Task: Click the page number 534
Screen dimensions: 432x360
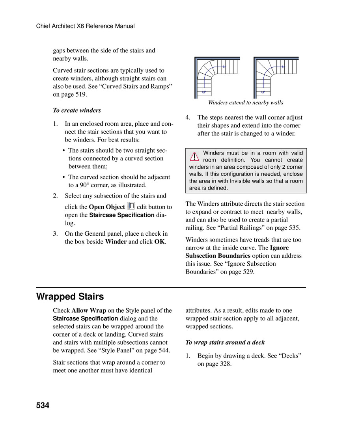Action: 43,405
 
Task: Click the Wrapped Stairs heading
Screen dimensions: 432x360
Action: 70,296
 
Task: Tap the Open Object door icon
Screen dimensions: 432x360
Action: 131,206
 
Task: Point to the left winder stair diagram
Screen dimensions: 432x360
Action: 217,77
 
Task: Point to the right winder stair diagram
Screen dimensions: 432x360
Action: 276,77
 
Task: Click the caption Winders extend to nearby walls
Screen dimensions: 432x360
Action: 245,102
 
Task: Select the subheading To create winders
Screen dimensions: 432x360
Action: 77,110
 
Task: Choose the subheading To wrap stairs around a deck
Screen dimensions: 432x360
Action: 225,342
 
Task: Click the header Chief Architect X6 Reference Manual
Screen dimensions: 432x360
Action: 85,26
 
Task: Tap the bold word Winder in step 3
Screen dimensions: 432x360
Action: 116,242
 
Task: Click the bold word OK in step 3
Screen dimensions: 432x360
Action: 159,242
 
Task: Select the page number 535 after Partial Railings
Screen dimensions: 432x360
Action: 293,228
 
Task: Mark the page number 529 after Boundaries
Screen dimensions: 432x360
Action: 248,272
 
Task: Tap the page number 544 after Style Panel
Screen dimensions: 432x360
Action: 164,350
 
